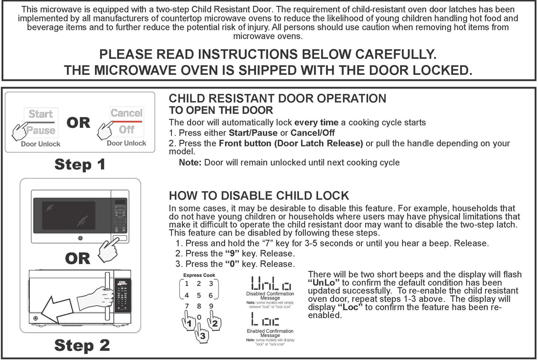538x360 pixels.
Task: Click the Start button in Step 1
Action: coord(41,114)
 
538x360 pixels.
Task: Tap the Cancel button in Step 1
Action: coord(127,113)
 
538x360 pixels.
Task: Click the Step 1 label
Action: coord(79,164)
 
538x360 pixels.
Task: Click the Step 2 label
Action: coord(82,345)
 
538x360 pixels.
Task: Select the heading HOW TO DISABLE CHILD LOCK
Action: coord(258,196)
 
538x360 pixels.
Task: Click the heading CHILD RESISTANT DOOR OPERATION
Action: coord(277,99)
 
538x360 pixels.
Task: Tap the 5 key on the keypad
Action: coord(199,295)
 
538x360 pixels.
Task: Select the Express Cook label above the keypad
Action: coord(199,275)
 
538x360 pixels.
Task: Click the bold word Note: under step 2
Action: coord(190,163)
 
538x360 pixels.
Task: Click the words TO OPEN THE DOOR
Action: coord(221,111)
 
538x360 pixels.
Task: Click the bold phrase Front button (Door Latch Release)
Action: coord(291,143)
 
